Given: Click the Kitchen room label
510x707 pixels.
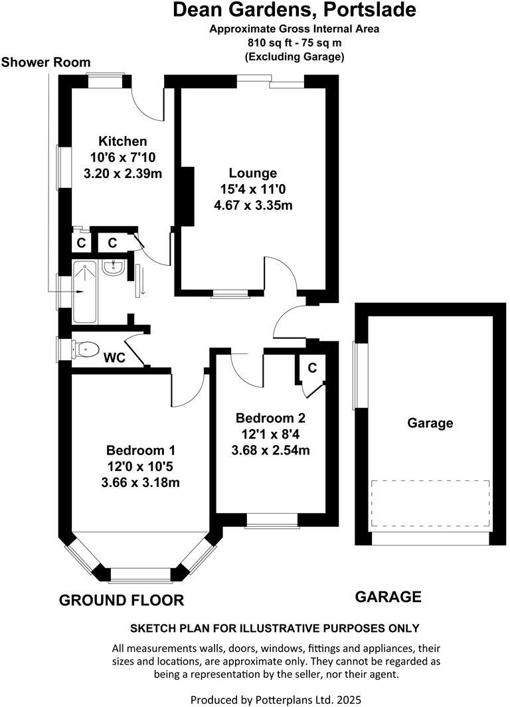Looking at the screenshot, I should coord(122,142).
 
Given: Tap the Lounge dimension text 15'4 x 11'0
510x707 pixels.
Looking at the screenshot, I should coord(253,189).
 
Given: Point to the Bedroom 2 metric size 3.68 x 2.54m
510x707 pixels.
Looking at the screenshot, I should coord(270,450).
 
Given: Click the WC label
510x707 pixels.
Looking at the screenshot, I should coord(114,357).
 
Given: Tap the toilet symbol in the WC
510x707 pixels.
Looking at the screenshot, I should coord(85,348).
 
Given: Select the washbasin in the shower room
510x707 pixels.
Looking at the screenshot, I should coord(114,268).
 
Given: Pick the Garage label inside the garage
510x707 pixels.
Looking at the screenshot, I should coord(430,423).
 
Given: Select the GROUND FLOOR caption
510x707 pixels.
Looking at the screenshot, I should coord(122,601).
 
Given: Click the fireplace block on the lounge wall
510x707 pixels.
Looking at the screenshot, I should coord(187,196).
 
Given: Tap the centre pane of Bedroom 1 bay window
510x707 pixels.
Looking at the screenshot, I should coord(140,573).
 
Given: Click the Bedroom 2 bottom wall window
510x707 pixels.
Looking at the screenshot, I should coord(271,522).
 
